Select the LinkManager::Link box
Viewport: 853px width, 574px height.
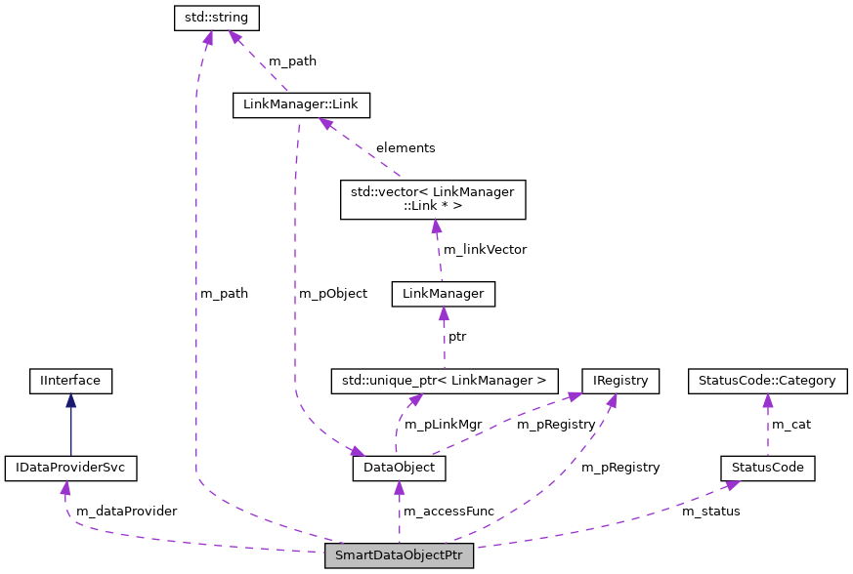[x=302, y=104]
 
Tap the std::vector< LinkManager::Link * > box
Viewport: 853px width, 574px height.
[x=431, y=199]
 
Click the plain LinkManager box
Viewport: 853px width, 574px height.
[x=443, y=294]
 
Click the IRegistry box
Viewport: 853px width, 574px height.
[x=620, y=380]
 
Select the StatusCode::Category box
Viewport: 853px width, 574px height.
[x=767, y=380]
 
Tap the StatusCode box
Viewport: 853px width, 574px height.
[x=767, y=468]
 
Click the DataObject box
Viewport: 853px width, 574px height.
[x=399, y=469]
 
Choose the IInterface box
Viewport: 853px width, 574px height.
[x=70, y=380]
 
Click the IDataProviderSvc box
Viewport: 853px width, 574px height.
[x=70, y=468]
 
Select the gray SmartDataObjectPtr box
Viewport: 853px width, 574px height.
[x=399, y=556]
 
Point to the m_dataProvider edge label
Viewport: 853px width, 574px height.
[x=120, y=511]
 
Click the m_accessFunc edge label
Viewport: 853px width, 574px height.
[x=448, y=511]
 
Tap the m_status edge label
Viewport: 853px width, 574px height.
[x=710, y=511]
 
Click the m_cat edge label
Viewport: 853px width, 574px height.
[x=791, y=424]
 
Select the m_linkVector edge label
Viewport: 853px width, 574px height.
[x=485, y=249]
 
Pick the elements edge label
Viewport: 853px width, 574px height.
[x=405, y=147]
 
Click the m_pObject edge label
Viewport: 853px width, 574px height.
[x=332, y=293]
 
